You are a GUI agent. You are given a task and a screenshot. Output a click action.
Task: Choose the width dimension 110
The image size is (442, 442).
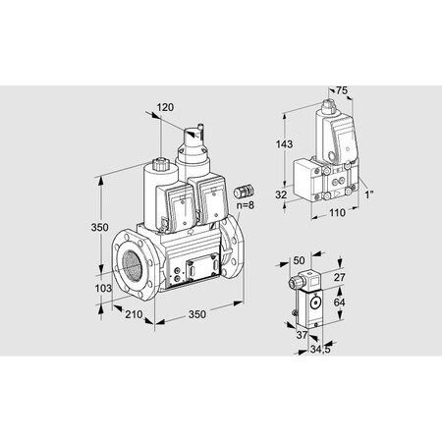click(x=335, y=211)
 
